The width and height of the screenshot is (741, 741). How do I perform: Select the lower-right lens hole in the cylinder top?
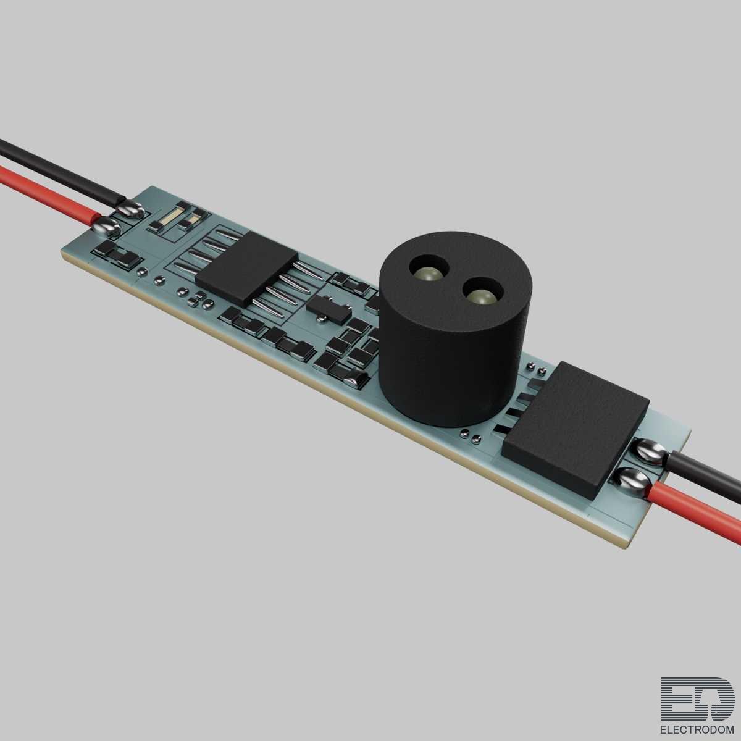pyautogui.click(x=482, y=292)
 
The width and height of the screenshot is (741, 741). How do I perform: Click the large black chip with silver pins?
pyautogui.click(x=246, y=268)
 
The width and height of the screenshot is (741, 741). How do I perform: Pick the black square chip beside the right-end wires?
pyautogui.click(x=576, y=430)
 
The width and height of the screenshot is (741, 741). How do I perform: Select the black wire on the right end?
pyautogui.click(x=704, y=477)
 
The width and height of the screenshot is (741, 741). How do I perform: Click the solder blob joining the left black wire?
pyautogui.click(x=130, y=209)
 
